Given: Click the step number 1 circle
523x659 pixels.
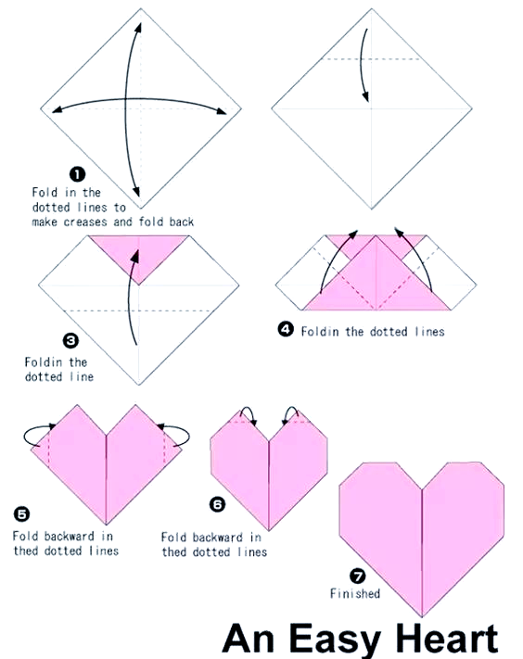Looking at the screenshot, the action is click(x=77, y=174).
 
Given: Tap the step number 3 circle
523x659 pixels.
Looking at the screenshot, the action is click(x=70, y=340).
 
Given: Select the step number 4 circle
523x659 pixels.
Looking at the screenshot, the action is click(x=286, y=329).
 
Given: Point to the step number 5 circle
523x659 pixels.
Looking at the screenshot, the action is click(x=21, y=514).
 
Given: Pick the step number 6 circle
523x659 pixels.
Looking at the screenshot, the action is click(x=217, y=504).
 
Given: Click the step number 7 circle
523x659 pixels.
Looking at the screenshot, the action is click(x=357, y=576).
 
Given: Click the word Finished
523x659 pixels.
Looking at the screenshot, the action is click(x=355, y=593).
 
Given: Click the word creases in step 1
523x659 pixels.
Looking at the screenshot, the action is click(x=85, y=222).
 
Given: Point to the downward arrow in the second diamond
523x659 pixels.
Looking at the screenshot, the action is click(x=364, y=65).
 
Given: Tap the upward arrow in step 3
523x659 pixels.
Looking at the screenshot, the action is click(x=130, y=298).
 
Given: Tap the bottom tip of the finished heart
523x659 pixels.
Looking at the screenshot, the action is click(x=422, y=616).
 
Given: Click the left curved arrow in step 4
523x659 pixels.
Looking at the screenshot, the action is click(x=333, y=258).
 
